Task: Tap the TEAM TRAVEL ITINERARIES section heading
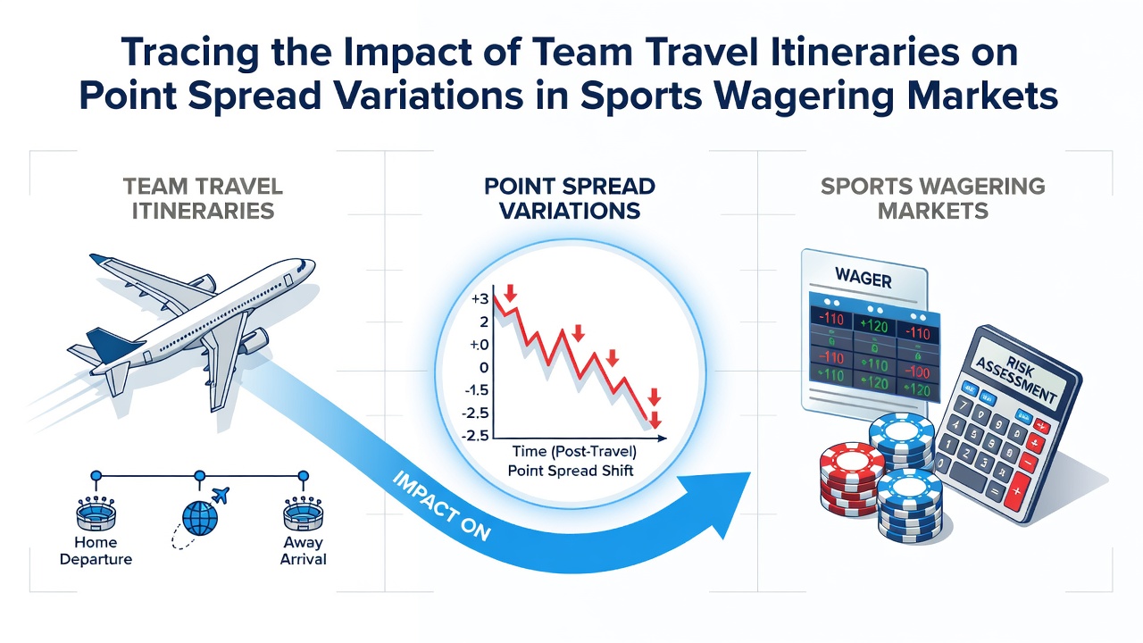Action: point(203,198)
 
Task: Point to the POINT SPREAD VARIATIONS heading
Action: point(570,198)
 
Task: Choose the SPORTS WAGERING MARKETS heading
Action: point(933,198)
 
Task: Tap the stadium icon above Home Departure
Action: point(96,514)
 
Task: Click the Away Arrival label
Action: point(303,551)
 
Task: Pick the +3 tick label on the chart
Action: point(480,299)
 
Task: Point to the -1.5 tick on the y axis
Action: point(476,390)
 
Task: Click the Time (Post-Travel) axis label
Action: point(574,451)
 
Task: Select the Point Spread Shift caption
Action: point(571,470)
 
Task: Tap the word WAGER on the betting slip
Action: point(864,279)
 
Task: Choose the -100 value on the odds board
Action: point(917,371)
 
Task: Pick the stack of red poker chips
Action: point(851,480)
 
